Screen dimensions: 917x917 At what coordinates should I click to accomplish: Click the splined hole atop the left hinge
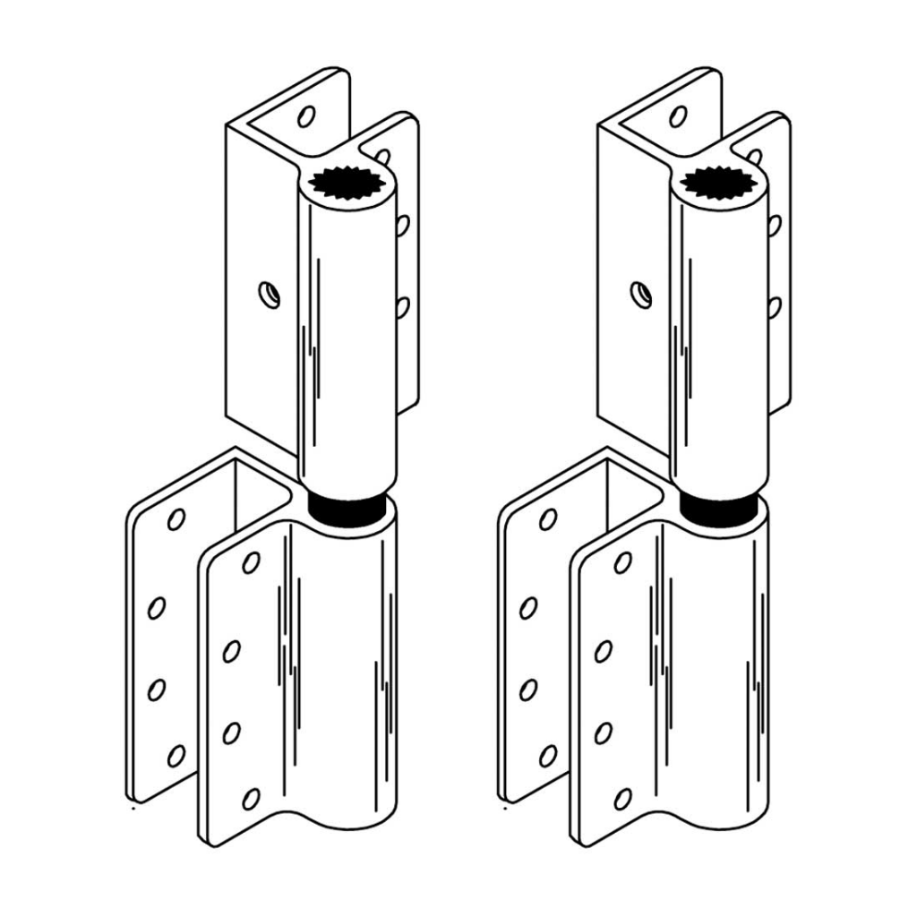point(347,182)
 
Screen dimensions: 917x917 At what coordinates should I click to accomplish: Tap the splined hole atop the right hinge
point(719,181)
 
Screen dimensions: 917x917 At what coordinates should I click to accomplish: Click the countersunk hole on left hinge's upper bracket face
point(268,294)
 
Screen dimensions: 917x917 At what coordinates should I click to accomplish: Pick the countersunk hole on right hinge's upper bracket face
point(639,293)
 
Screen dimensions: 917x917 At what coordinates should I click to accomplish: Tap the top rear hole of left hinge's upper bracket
point(306,116)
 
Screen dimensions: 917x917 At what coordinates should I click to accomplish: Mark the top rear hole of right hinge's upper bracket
point(678,116)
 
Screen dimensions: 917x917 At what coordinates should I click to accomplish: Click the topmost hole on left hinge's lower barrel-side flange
point(251,562)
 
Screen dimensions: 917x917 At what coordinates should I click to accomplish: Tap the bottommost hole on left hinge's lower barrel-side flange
point(251,798)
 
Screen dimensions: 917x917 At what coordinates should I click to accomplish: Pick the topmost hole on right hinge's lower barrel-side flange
point(622,562)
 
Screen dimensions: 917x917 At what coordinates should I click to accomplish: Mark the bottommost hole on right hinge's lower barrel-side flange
point(622,798)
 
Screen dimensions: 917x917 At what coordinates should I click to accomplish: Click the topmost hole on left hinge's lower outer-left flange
point(176,518)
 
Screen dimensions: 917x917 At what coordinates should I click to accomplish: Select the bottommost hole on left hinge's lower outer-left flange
point(176,756)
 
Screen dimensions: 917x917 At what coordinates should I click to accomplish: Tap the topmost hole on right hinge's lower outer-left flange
point(547,518)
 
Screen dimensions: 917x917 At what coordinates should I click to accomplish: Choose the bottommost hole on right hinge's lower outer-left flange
point(547,756)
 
